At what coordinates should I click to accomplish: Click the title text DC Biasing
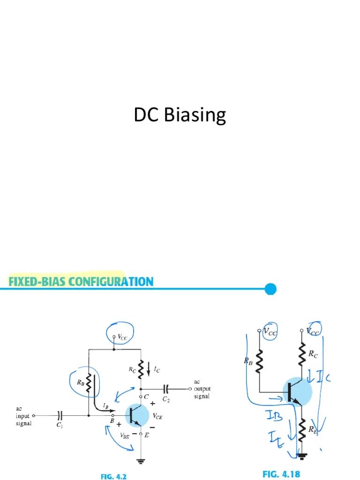pyautogui.click(x=180, y=115)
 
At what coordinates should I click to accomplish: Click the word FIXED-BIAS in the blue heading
pyautogui.click(x=37, y=282)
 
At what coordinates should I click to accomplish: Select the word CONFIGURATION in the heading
pyautogui.click(x=112, y=282)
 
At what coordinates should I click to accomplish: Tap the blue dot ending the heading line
pyautogui.click(x=270, y=289)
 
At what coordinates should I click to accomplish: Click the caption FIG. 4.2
pyautogui.click(x=113, y=476)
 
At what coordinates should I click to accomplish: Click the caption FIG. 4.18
pyautogui.click(x=281, y=474)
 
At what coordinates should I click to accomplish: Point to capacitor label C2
pyautogui.click(x=166, y=399)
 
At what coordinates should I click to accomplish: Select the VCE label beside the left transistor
pyautogui.click(x=157, y=415)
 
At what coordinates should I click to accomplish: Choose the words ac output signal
pyautogui.click(x=202, y=389)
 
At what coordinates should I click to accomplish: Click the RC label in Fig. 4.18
pyautogui.click(x=313, y=354)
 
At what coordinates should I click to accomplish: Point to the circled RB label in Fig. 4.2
pyautogui.click(x=80, y=382)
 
